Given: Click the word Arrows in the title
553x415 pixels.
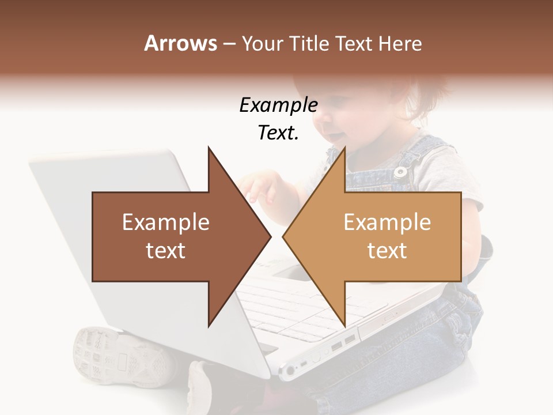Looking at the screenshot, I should [180, 43].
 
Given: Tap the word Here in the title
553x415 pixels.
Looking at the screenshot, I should [400, 43].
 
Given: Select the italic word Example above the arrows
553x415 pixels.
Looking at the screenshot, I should [278, 105].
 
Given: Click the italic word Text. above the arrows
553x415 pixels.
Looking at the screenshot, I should [278, 133].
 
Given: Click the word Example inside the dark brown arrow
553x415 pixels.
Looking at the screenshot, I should [166, 222].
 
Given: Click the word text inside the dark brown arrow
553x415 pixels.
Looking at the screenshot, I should [166, 251].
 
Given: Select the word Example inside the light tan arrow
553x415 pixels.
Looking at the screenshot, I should [387, 222].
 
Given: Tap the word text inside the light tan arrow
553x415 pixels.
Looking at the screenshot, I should [387, 251].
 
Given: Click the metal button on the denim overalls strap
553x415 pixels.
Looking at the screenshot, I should [399, 171].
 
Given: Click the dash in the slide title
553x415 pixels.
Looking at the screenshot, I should [229, 44].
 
